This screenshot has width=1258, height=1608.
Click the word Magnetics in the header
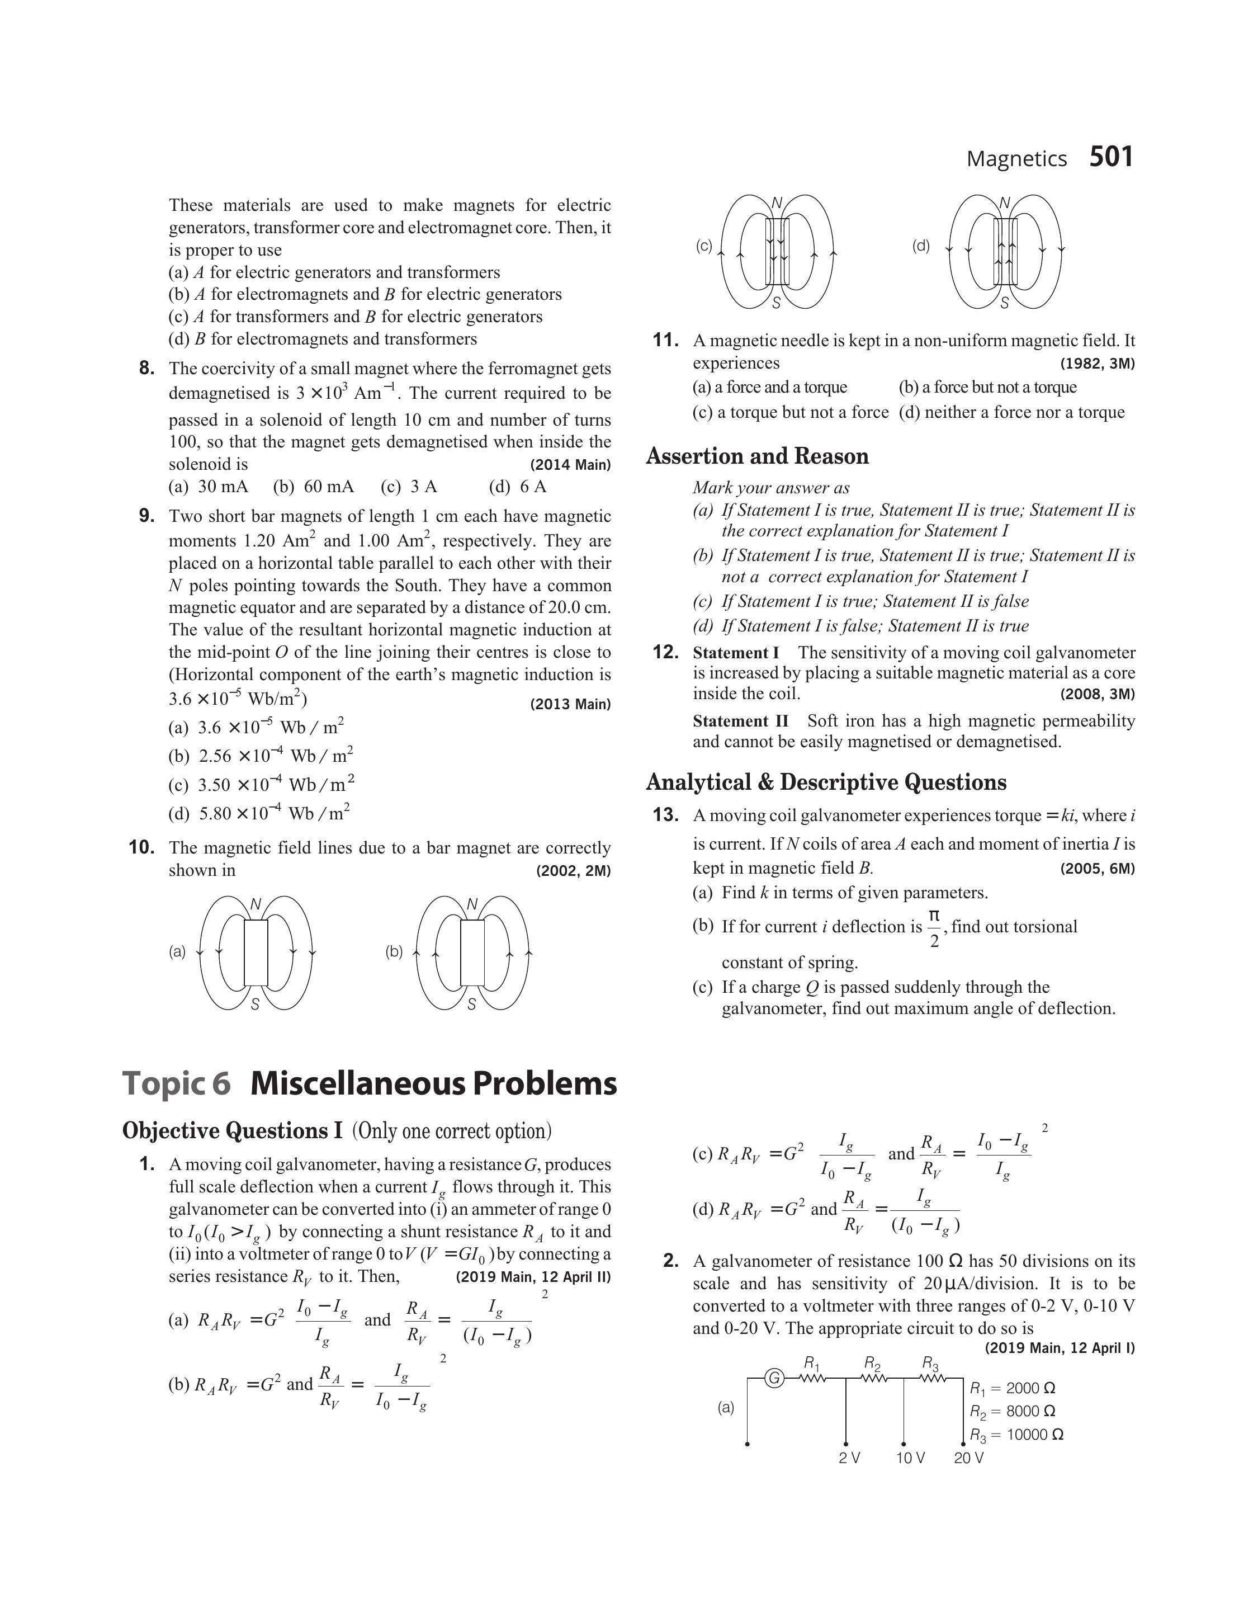[x=1016, y=159]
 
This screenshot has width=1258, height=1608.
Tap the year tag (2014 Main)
[x=570, y=465]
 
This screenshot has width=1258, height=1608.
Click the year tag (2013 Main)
[x=570, y=704]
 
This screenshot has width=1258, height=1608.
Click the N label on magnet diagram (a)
[x=256, y=904]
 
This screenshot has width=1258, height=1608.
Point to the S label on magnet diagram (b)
[x=471, y=1004]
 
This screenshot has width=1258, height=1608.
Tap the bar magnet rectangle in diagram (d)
[x=1005, y=252]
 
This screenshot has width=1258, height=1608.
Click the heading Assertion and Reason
[x=757, y=457]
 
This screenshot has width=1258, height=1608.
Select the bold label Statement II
[x=740, y=721]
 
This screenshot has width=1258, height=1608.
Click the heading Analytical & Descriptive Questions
[x=826, y=782]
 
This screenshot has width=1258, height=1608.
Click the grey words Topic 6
[x=176, y=1083]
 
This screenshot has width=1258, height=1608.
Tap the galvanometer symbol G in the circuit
[x=774, y=1378]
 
